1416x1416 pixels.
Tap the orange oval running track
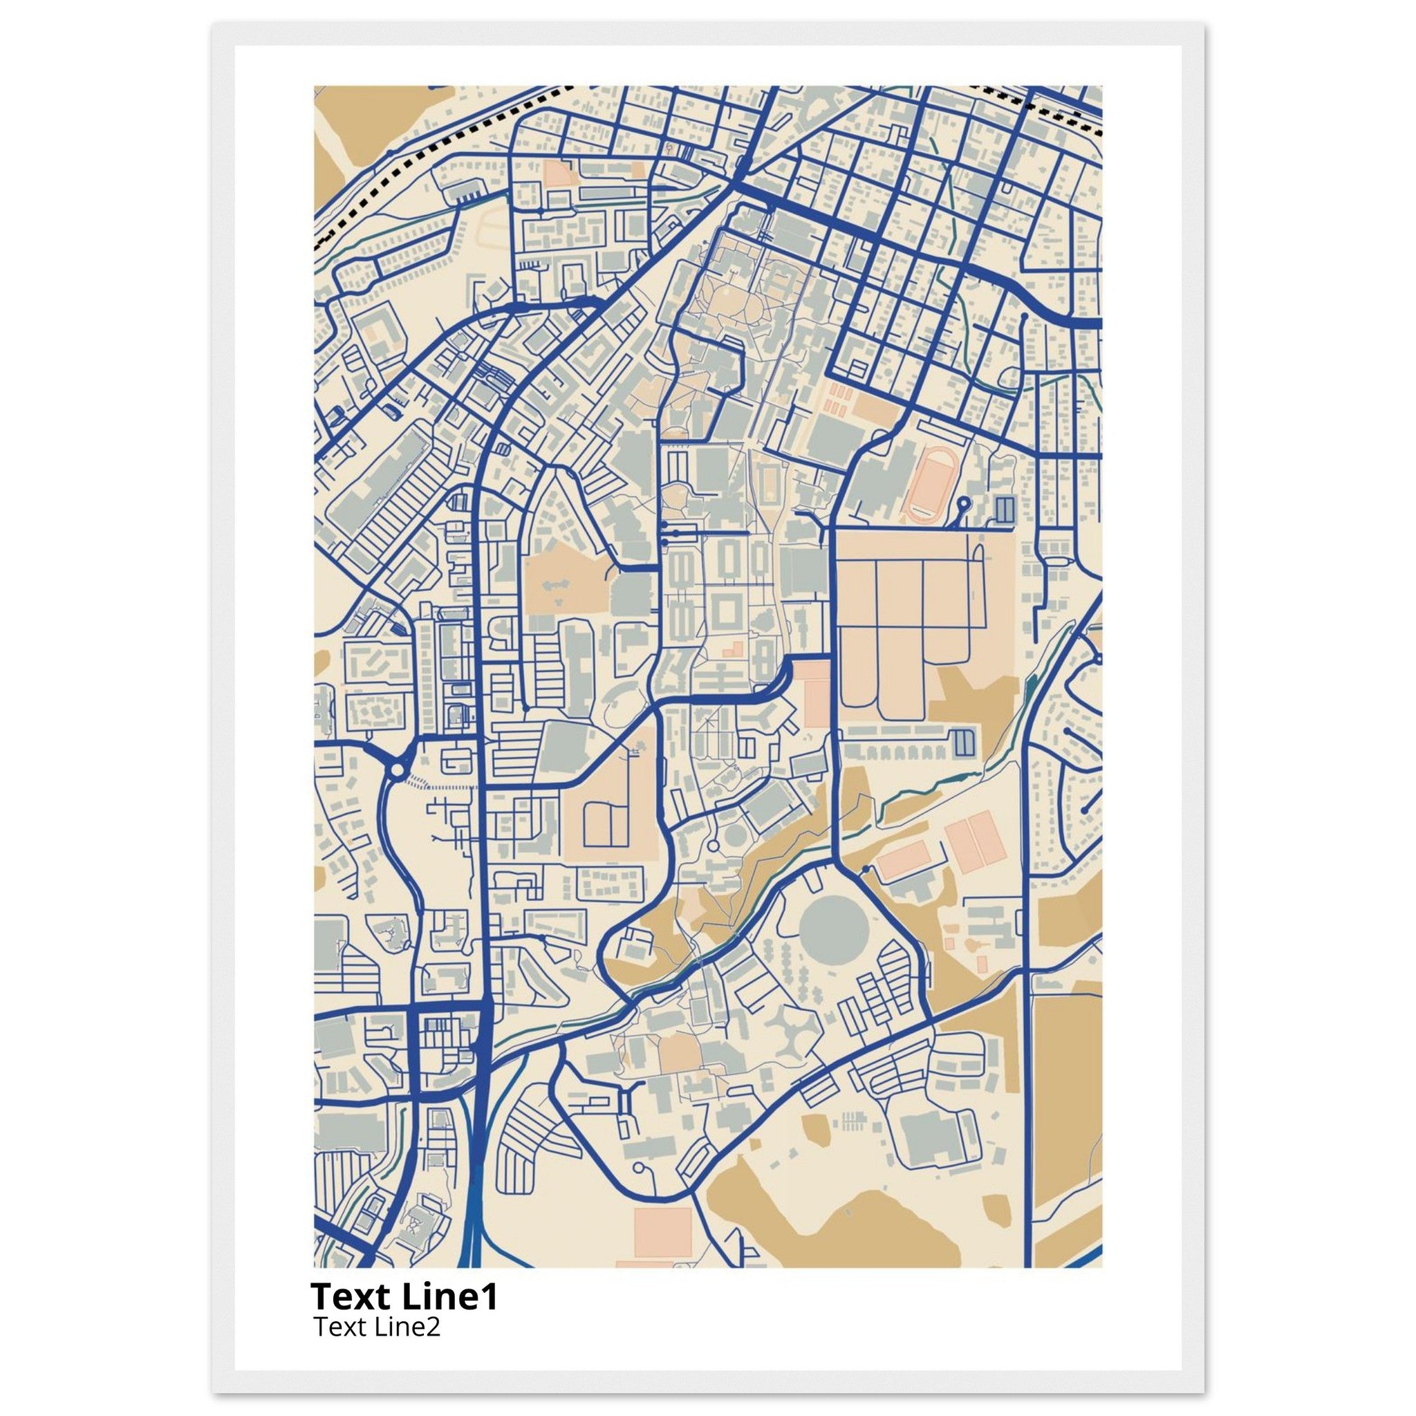(x=929, y=485)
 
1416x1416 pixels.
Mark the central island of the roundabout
(x=396, y=770)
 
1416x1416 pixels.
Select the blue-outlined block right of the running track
(x=1004, y=508)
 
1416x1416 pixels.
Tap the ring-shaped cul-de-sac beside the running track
(x=963, y=503)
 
